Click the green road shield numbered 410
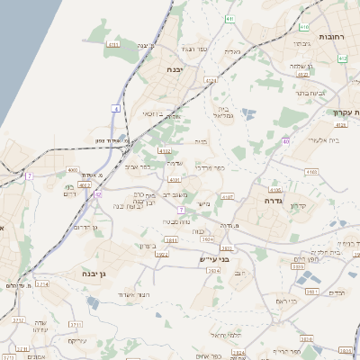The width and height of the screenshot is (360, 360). [342, 58]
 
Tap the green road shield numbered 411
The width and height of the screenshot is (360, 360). [230, 18]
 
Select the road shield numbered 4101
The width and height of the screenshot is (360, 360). [175, 179]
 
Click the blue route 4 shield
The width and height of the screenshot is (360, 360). [116, 108]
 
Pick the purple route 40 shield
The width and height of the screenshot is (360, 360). [285, 141]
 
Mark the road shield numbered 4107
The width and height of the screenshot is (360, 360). [227, 196]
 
